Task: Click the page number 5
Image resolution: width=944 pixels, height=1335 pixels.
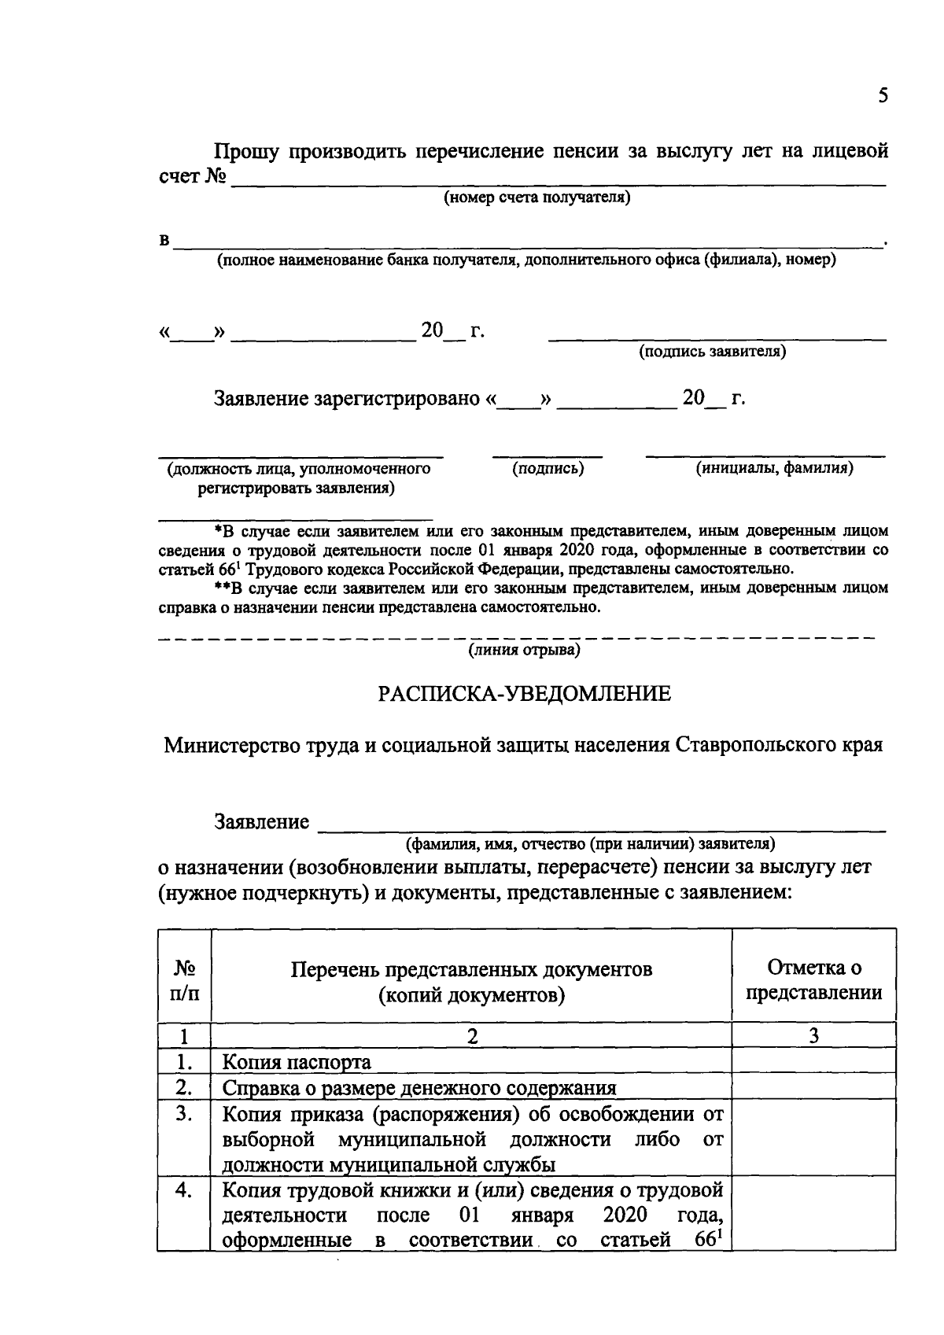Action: coord(883,96)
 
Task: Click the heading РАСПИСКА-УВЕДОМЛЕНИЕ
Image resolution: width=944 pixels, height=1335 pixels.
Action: coord(525,694)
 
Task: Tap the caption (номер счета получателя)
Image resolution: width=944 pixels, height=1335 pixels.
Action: coord(537,197)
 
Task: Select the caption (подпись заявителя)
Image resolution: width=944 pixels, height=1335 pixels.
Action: coord(712,351)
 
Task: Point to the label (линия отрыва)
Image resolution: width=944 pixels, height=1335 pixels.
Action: coord(525,650)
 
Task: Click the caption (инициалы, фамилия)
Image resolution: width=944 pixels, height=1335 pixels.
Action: coord(774,468)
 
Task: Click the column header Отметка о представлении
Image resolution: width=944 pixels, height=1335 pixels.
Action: coord(813,979)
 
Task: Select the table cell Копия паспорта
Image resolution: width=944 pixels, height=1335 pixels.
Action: coord(297,1062)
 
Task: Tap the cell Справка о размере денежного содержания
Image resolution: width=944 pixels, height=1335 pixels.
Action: coord(419,1088)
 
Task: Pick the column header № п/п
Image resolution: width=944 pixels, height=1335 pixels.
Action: coord(185,979)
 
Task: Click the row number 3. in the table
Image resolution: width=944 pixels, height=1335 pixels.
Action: coord(184,1114)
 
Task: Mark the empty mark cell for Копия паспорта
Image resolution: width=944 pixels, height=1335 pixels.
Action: coord(813,1062)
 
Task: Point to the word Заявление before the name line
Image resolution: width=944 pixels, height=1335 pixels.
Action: coord(262,822)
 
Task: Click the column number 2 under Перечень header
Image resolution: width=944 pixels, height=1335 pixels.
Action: coord(472,1036)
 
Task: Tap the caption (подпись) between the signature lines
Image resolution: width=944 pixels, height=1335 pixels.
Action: coord(548,468)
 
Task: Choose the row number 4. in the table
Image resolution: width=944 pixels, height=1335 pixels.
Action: coord(184,1191)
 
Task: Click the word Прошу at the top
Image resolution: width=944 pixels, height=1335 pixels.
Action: coord(246,150)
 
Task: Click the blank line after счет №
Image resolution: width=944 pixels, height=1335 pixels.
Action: coord(559,183)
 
